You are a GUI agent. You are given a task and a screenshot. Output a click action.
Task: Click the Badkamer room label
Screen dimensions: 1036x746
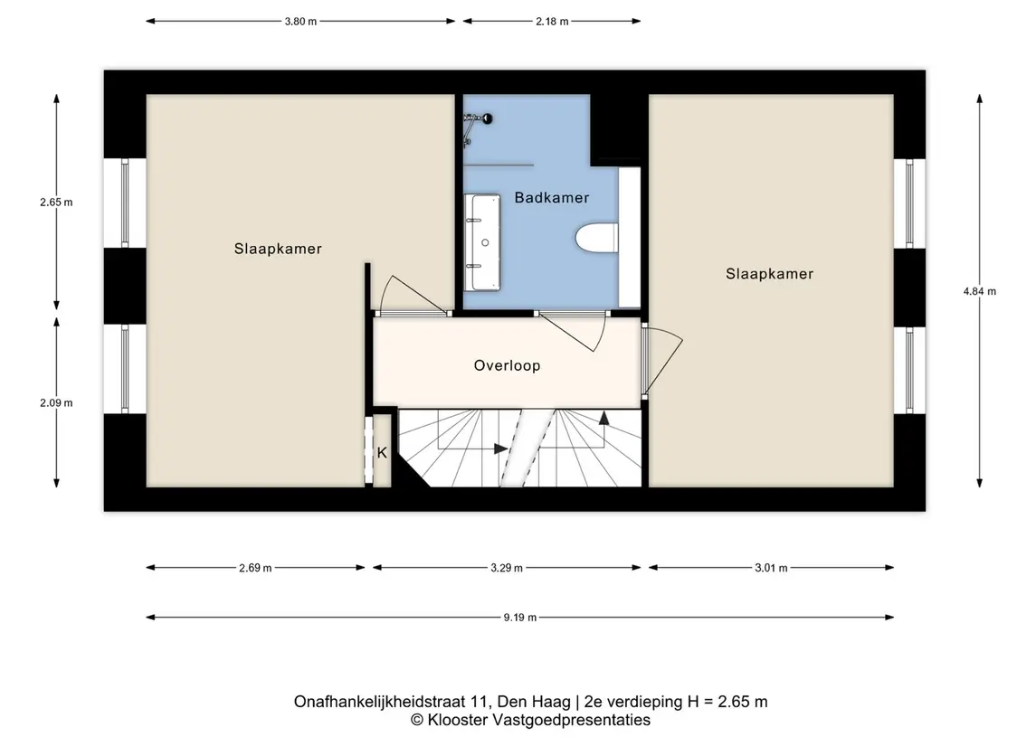(552, 197)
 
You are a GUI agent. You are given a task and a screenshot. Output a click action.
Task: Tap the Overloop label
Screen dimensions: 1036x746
(507, 365)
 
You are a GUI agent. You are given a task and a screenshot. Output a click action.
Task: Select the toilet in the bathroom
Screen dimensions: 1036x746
(596, 239)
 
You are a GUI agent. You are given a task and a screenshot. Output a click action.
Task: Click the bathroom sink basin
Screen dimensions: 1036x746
(482, 242)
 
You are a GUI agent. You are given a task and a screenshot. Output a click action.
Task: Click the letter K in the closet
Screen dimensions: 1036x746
(382, 453)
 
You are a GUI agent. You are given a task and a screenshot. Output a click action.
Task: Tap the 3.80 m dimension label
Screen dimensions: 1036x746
(300, 21)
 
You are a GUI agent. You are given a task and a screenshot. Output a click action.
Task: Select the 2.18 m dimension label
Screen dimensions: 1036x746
(552, 21)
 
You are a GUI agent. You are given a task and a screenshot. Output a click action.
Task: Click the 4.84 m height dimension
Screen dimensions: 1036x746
(980, 291)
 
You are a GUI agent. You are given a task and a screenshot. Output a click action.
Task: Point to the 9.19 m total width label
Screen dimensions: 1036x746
(520, 618)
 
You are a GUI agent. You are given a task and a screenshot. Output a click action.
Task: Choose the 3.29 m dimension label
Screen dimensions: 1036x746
(507, 568)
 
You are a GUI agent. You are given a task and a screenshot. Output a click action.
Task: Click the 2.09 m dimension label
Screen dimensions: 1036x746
(56, 402)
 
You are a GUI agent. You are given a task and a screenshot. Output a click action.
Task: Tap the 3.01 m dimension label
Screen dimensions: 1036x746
(771, 568)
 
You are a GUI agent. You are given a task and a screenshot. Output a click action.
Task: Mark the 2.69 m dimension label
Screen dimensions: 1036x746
(255, 568)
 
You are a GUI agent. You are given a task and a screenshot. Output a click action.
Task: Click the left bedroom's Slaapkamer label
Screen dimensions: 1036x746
(278, 249)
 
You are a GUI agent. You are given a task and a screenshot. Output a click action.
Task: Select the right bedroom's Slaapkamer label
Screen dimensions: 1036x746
(770, 274)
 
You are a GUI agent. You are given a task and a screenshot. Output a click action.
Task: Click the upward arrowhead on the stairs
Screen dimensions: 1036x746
(604, 417)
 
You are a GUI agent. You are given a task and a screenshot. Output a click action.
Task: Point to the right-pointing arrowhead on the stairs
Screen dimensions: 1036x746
(501, 449)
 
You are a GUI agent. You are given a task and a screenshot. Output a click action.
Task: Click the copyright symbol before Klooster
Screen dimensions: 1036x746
(417, 721)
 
